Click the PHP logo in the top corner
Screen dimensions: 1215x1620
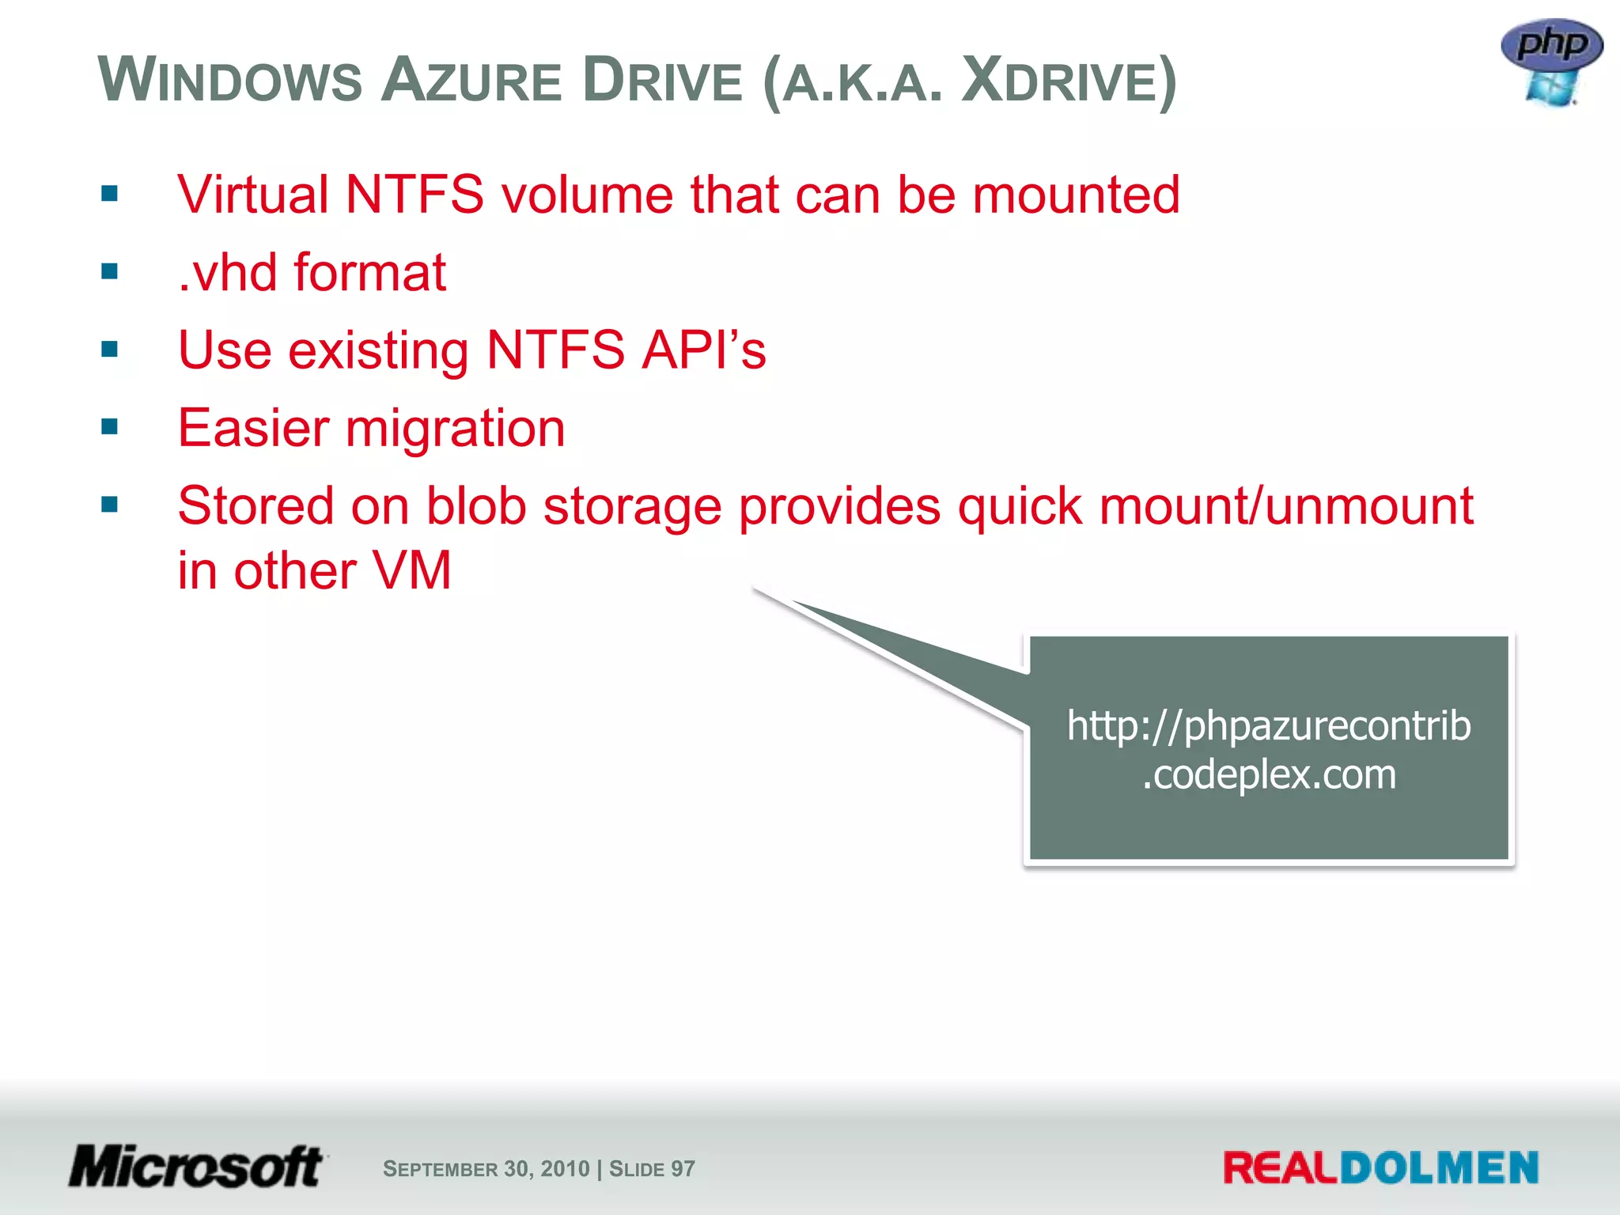(1551, 62)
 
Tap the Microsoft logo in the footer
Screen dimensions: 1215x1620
(196, 1167)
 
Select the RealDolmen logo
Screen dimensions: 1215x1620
(1380, 1168)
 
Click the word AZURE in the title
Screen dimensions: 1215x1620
(471, 81)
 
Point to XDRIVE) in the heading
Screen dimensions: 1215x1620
(1069, 81)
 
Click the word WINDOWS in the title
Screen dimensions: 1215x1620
(230, 81)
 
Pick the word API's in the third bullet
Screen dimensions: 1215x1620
(703, 350)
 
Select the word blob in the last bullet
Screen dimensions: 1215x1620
(476, 506)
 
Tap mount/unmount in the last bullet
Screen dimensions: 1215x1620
(1286, 506)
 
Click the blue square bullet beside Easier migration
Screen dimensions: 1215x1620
(110, 428)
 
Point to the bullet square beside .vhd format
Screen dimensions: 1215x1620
(110, 272)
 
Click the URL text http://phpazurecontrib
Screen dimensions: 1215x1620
(1268, 725)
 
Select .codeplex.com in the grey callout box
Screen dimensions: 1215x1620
(1268, 774)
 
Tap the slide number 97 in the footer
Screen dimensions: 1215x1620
(683, 1168)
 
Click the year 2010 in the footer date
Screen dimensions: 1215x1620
(565, 1168)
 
